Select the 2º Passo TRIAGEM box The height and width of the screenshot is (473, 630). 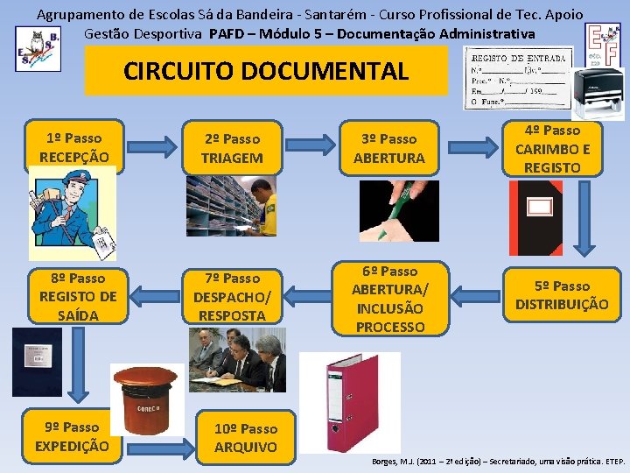point(232,148)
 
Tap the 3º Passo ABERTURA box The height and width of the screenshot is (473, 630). point(388,148)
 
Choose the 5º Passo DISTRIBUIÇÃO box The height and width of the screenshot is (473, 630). point(561,295)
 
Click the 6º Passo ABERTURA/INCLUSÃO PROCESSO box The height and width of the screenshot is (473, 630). point(388,299)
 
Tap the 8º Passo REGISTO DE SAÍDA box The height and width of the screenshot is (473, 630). point(77,296)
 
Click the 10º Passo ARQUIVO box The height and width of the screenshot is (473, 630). point(246,437)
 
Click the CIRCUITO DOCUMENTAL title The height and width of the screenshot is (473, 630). point(266,71)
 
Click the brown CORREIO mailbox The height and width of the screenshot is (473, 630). point(147,399)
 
